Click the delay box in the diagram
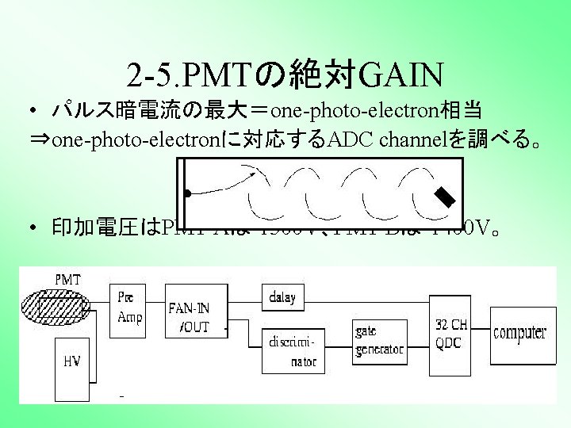pos(282,299)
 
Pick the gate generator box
pos(377,338)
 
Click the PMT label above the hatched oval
pos(67,280)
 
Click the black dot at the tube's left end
pos(187,193)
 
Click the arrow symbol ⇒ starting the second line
pos(37,141)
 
